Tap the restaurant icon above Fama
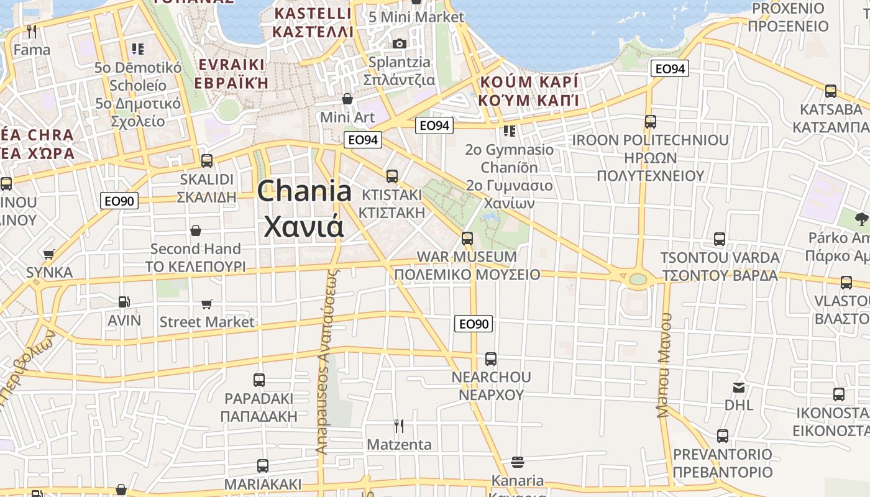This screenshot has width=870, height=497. [32, 31]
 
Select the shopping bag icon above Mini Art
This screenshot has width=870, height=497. [347, 99]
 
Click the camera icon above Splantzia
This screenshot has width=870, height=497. [400, 43]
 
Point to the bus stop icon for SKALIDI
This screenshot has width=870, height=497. [207, 160]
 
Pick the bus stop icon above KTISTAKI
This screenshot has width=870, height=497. [391, 176]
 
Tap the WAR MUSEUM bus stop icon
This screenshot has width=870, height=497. [467, 238]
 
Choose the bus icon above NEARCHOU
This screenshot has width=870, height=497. [491, 358]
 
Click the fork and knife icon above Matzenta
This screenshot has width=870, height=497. [399, 426]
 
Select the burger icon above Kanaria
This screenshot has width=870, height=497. [517, 462]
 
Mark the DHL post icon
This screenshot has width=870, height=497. [739, 388]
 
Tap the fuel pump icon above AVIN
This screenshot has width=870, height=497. [124, 302]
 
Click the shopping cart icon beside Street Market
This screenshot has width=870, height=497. [206, 304]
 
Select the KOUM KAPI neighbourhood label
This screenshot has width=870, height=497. [529, 91]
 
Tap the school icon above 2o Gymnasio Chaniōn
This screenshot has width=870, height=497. [510, 131]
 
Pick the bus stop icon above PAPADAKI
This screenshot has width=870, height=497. [259, 380]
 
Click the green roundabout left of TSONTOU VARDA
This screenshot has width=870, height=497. [638, 279]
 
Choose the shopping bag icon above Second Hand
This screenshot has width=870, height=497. [196, 230]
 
